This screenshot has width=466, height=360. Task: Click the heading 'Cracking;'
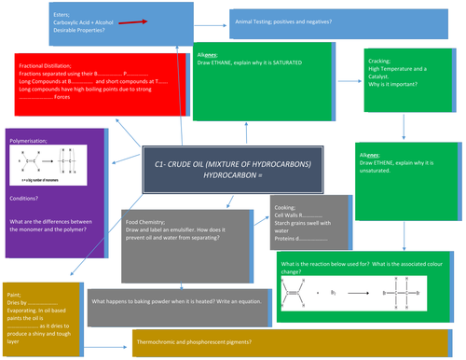coord(375,61)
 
